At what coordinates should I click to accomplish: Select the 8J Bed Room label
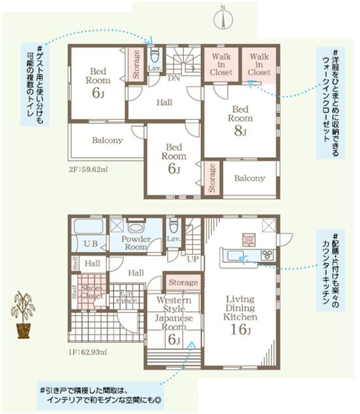tap(240, 120)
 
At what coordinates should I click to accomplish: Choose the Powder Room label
tap(136, 243)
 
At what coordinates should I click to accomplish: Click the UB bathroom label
tap(91, 244)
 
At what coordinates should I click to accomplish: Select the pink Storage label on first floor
tap(183, 282)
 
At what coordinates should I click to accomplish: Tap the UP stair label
tap(193, 259)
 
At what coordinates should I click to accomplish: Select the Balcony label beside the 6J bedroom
tap(108, 140)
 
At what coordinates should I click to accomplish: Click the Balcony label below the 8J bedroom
tap(250, 178)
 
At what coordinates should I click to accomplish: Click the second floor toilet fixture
tap(155, 53)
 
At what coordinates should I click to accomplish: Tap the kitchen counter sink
tap(232, 254)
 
